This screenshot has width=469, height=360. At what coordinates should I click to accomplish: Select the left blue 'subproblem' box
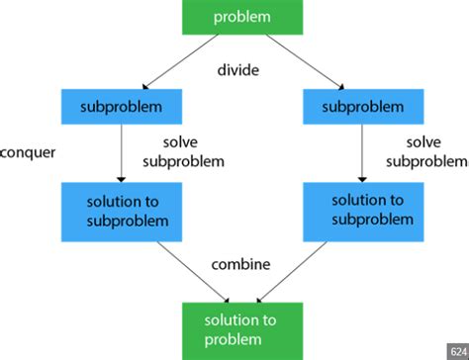point(120,104)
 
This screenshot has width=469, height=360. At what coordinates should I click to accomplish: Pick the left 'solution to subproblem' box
point(120,208)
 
